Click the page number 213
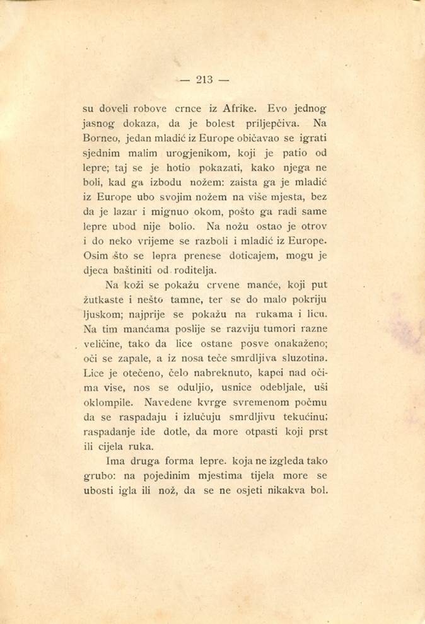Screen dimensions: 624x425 [x=205, y=79]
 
